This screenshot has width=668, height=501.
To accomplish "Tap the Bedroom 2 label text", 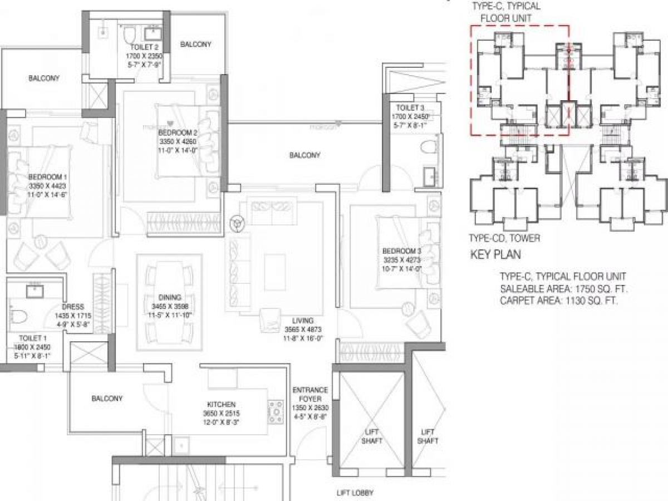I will coord(178,132).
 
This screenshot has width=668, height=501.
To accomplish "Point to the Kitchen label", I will coord(220,404).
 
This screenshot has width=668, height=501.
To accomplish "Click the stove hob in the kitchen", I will coord(276,411).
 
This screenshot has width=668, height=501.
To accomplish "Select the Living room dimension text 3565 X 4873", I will coord(307,330).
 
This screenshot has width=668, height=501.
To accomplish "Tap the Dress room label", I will coord(73,307).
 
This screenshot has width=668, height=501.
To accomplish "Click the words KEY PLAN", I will coord(496,256).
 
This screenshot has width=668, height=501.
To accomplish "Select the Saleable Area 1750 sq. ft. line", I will coord(567,288).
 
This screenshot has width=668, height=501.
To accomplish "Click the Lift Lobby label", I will coord(355,493).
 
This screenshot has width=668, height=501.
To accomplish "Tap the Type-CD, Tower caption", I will coord(504,238).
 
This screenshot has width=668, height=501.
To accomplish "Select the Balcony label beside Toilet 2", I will coord(195,45).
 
